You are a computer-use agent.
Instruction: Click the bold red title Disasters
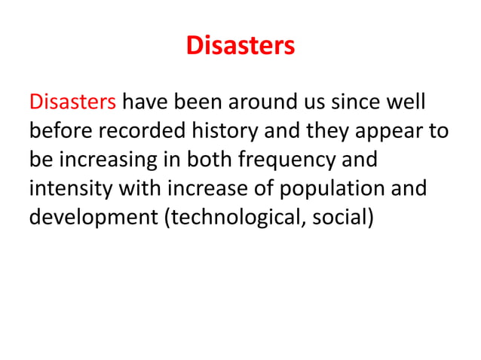(x=240, y=47)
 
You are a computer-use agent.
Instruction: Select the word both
(x=207, y=162)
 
